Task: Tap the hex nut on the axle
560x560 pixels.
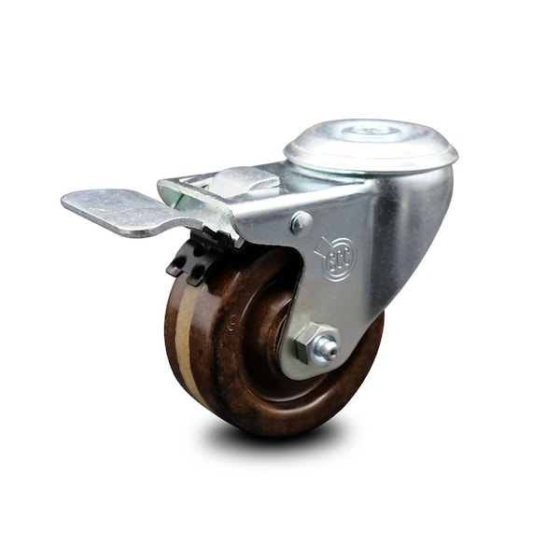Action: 309,345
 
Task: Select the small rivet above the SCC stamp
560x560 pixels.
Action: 300,221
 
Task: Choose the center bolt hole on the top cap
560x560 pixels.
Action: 369,132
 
